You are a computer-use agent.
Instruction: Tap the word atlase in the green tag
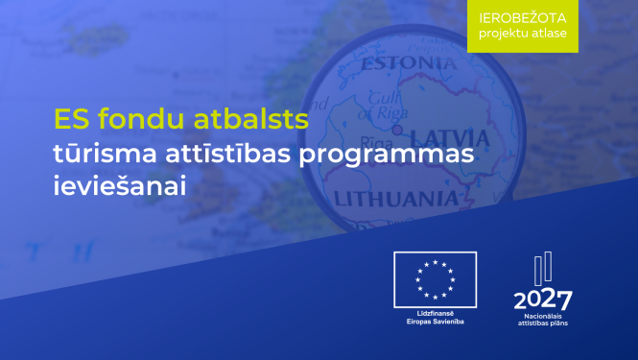coord(547,36)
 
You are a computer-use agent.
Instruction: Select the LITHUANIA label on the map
coord(394,199)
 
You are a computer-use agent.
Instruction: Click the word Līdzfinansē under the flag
coord(435,314)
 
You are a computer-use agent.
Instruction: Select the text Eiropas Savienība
coord(435,322)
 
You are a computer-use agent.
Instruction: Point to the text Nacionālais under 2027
coord(543,314)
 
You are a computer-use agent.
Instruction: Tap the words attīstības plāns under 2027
coord(543,323)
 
